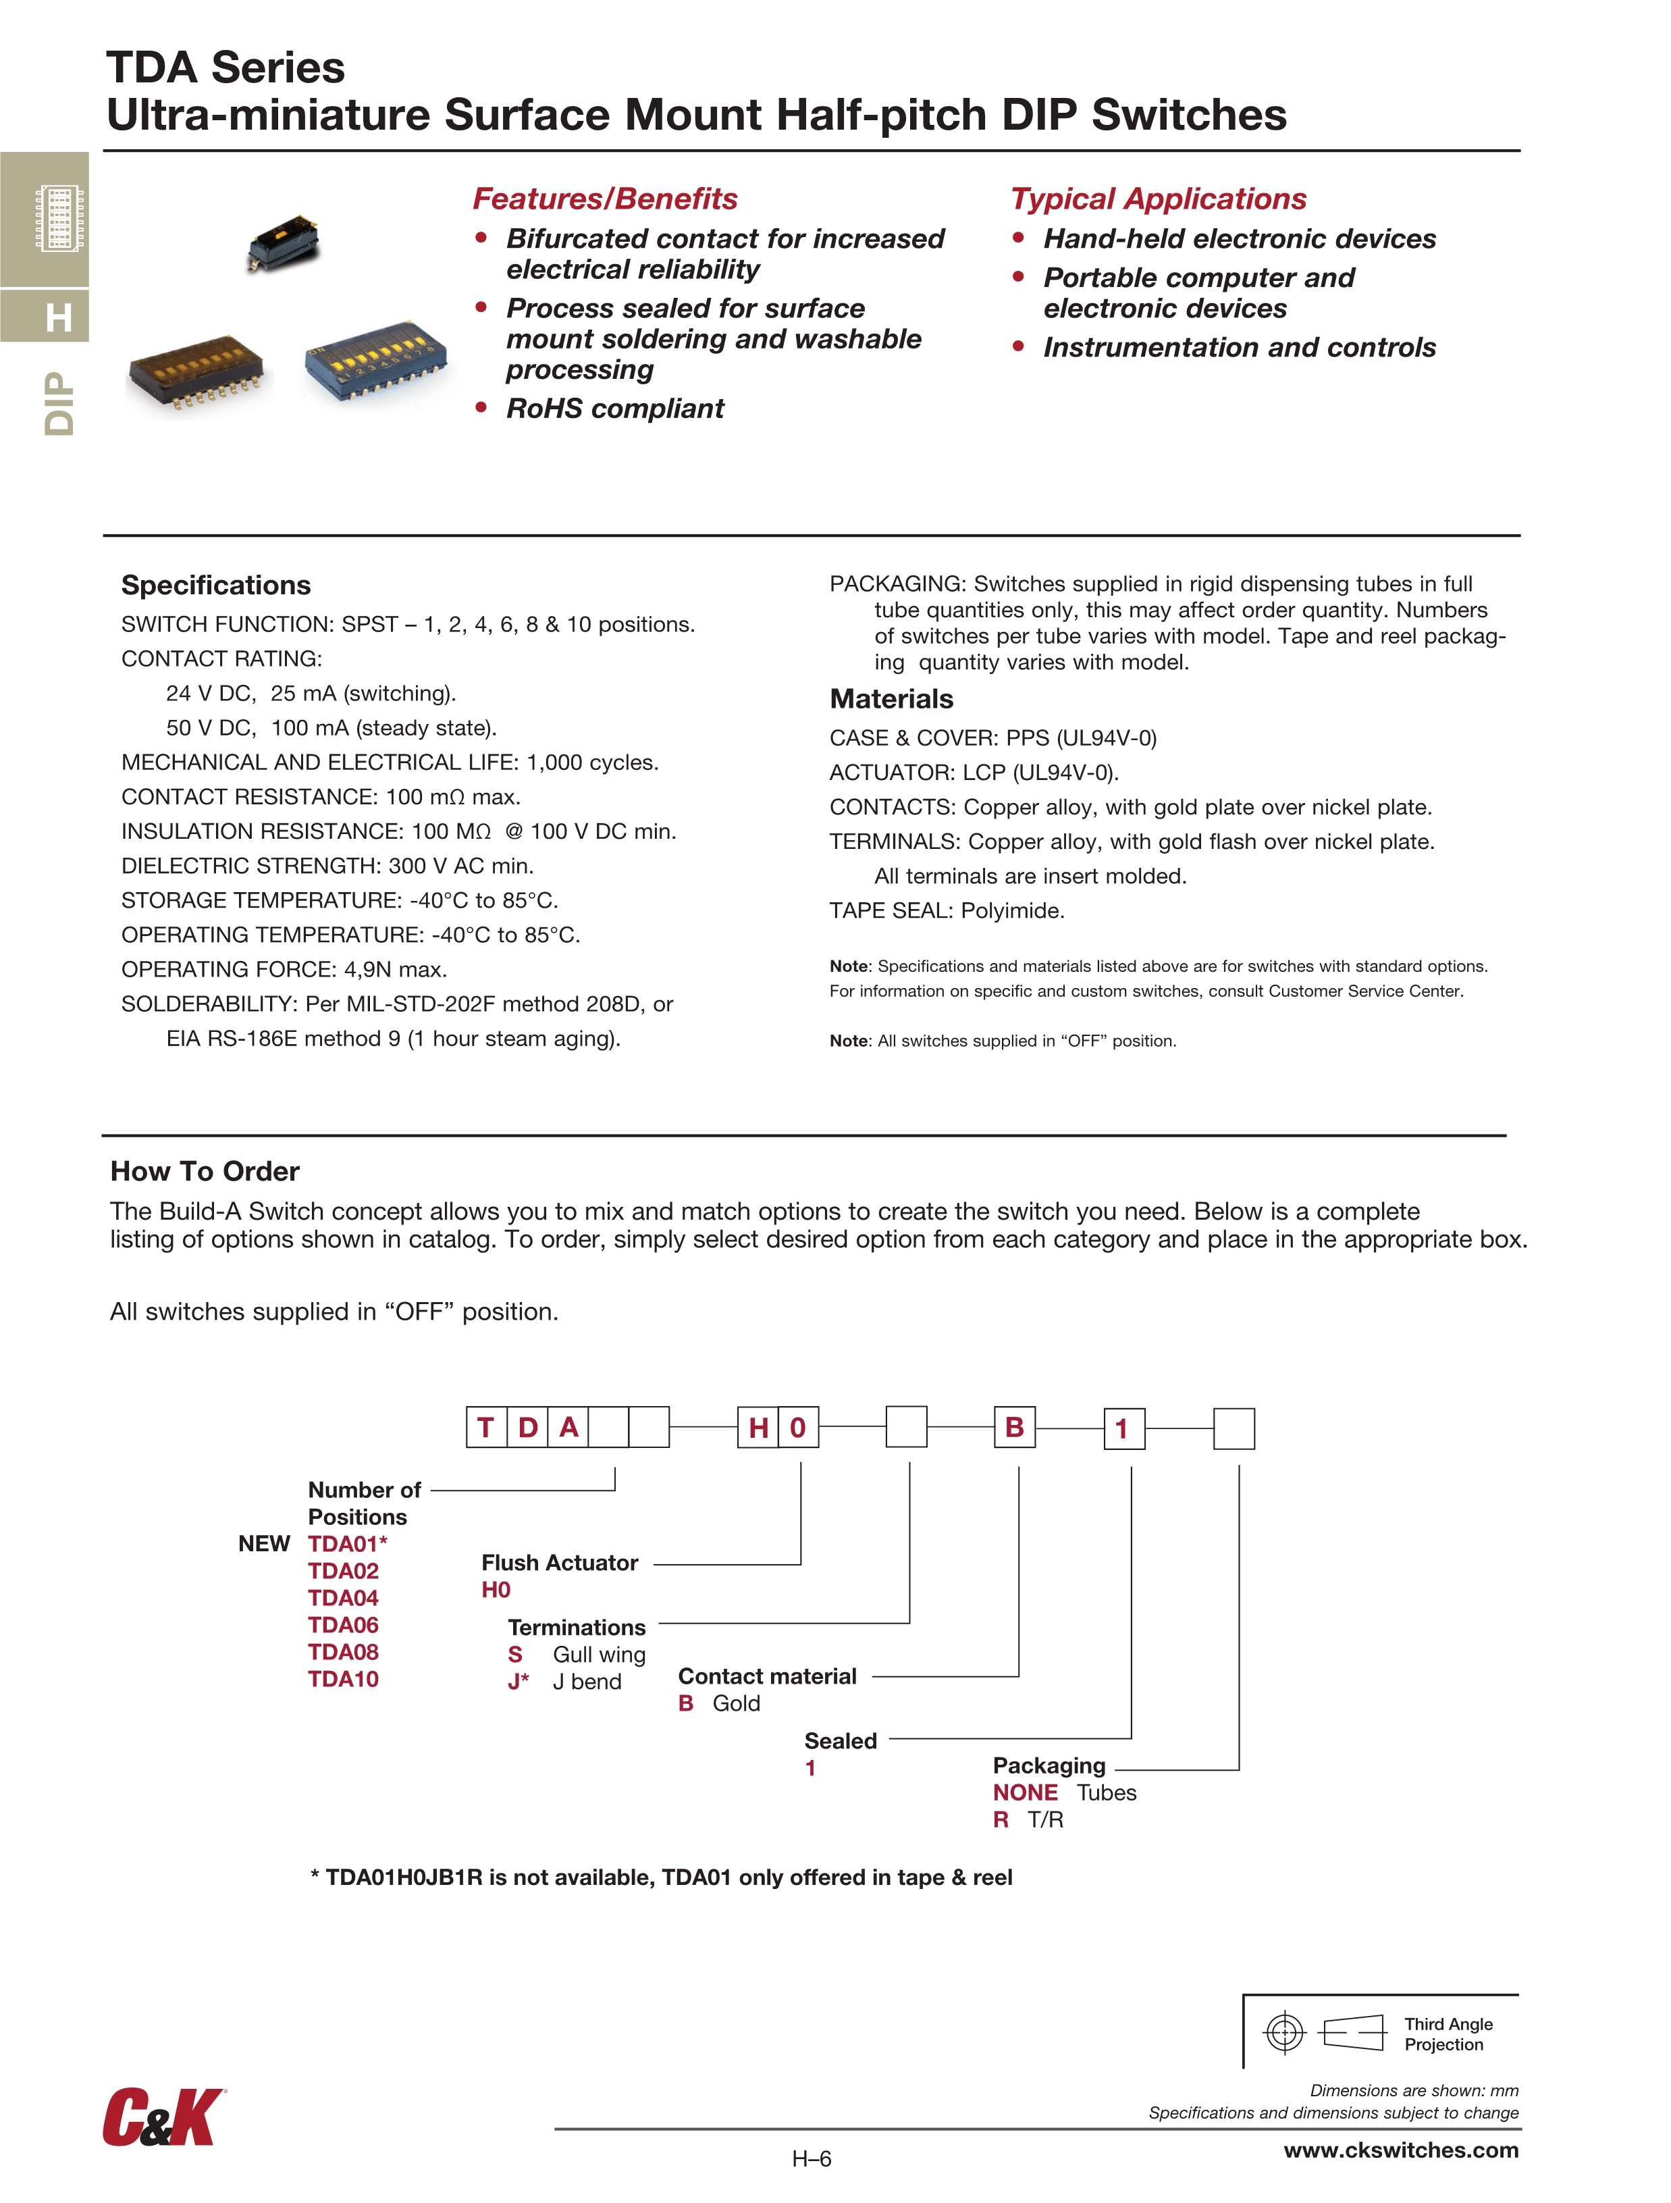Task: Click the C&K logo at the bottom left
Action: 163,2117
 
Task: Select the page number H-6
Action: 811,2158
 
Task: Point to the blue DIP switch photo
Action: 375,361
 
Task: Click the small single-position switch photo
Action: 283,241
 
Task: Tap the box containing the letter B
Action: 1015,1427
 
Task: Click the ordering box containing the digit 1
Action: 1123,1428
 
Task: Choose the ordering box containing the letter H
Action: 758,1427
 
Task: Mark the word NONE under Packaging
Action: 1025,1792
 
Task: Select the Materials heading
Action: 891,698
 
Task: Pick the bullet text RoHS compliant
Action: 614,409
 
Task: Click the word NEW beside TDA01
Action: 264,1544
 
